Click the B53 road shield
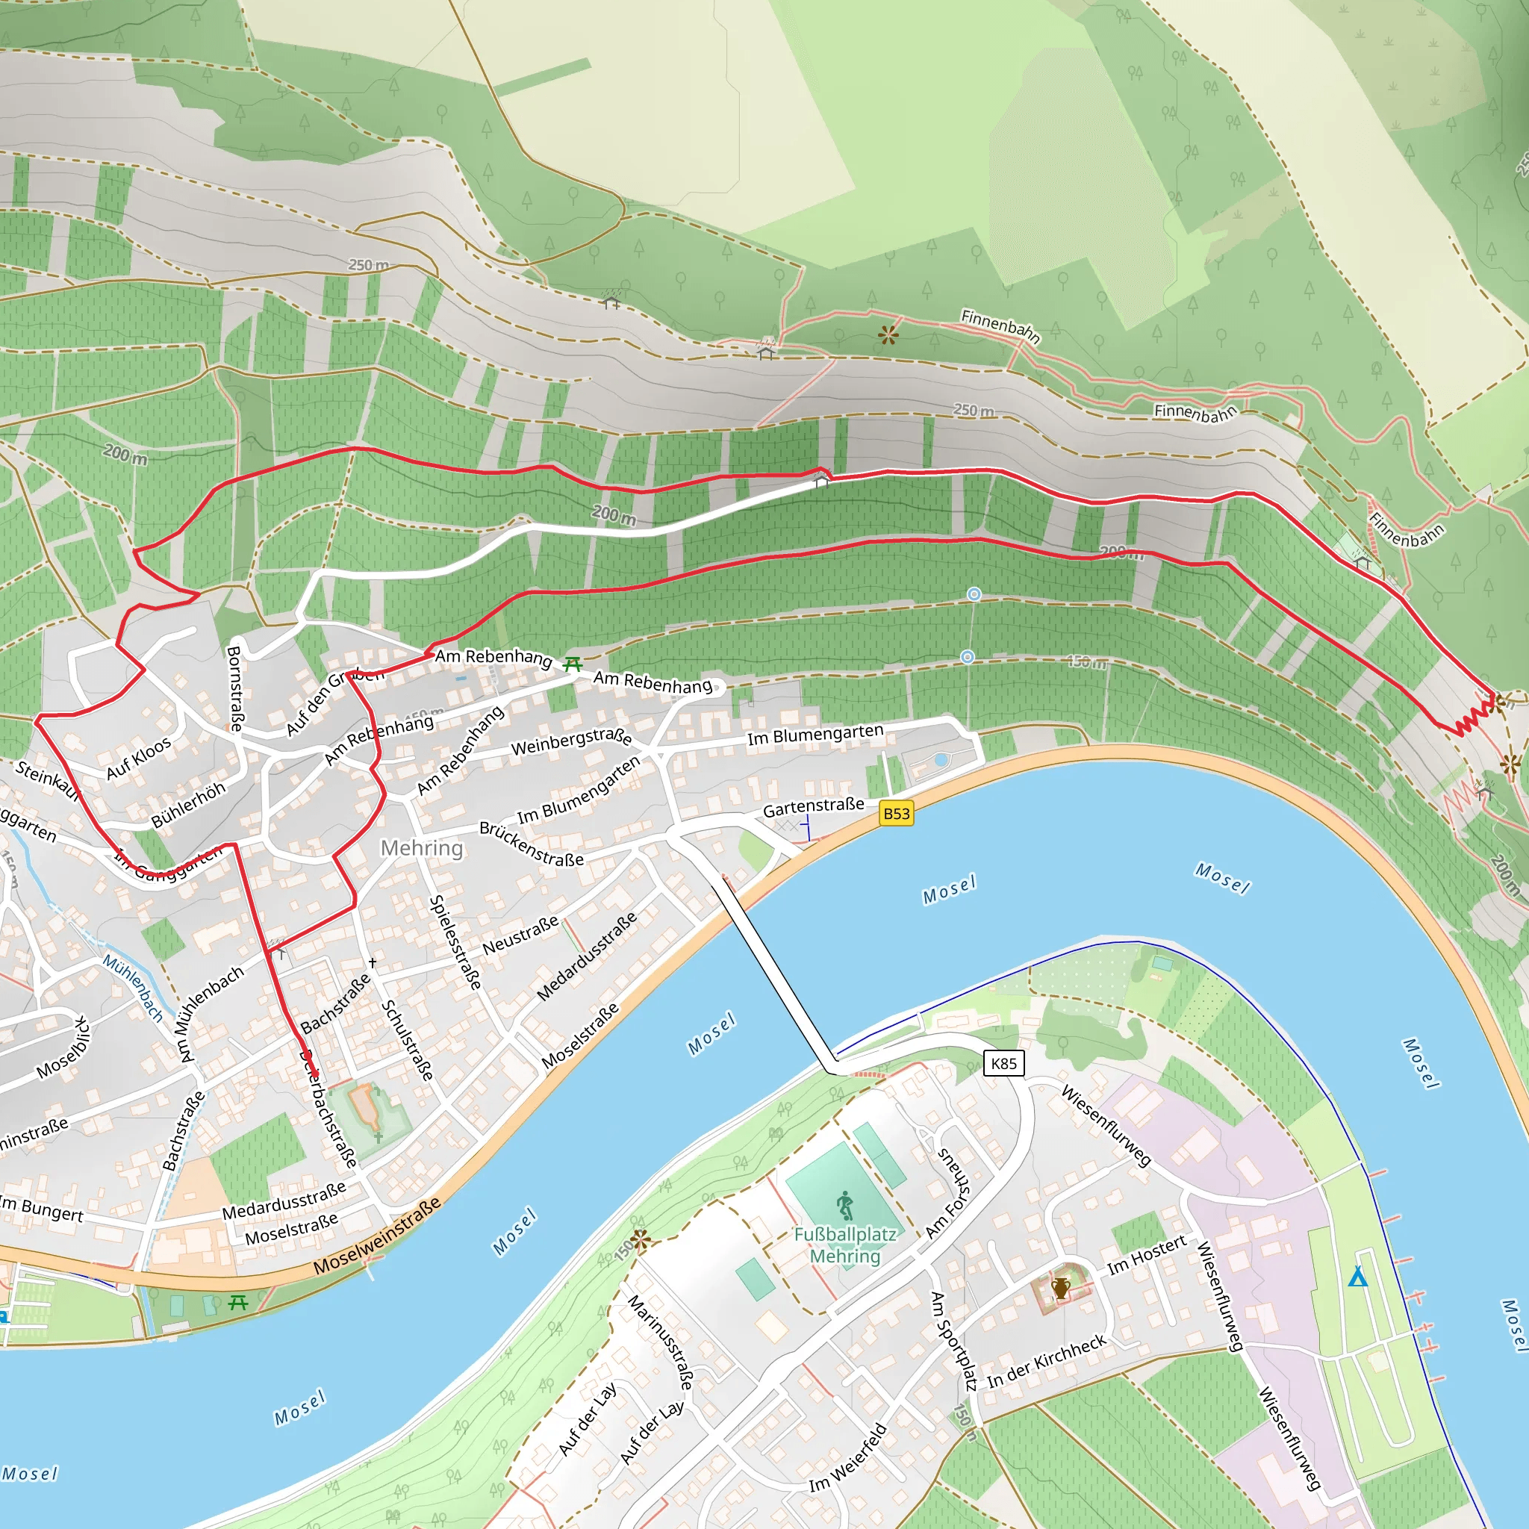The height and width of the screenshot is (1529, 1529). [x=896, y=814]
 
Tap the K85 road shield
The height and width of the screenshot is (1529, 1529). [x=1003, y=1064]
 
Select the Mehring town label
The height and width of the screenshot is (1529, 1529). [x=422, y=848]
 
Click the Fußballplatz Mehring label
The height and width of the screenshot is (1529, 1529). [x=845, y=1245]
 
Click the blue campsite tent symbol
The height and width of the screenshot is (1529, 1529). [x=1358, y=1277]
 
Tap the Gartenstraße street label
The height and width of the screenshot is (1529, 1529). [x=813, y=807]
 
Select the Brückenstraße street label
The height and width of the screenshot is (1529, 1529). [x=531, y=844]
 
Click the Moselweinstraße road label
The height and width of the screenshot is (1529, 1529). [x=377, y=1236]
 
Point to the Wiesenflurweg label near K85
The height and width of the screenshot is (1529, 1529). [x=1106, y=1125]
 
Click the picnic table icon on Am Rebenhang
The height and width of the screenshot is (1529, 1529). [x=572, y=664]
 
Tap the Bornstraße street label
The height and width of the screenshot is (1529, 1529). [x=235, y=688]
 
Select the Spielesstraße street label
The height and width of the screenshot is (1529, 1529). [x=454, y=941]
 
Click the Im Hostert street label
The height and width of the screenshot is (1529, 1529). [x=1147, y=1254]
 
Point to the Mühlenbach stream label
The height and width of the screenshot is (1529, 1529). [x=133, y=988]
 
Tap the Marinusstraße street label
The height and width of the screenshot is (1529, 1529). [x=661, y=1343]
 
